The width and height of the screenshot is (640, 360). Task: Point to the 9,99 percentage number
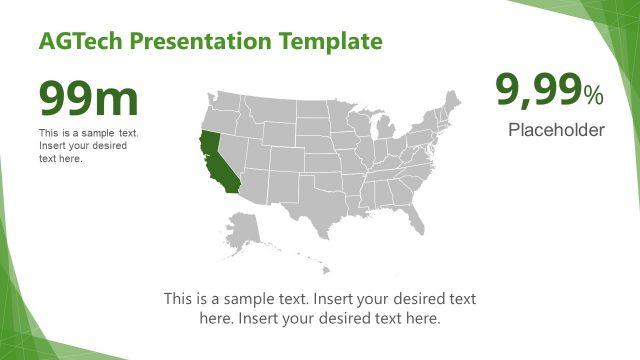(x=539, y=92)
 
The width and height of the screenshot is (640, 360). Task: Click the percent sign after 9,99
(x=594, y=96)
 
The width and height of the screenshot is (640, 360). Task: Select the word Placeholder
(x=556, y=129)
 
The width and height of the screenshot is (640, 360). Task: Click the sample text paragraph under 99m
(x=89, y=146)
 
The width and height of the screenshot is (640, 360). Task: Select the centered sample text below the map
(x=319, y=309)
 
